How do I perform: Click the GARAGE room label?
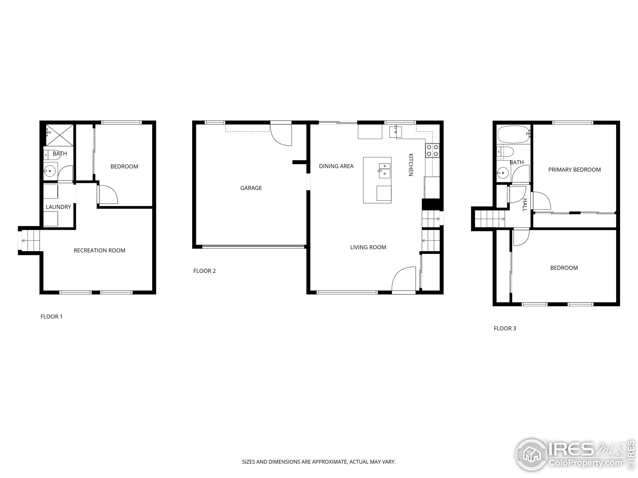[251, 188]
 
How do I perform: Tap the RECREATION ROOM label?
[99, 250]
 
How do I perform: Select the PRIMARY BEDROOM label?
[574, 170]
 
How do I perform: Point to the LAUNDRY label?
[58, 207]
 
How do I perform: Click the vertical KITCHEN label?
[411, 165]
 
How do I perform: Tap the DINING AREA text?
[336, 166]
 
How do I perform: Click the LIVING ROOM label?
[368, 247]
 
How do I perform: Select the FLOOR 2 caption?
[205, 271]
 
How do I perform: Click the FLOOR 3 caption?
[505, 328]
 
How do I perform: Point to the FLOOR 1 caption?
[51, 316]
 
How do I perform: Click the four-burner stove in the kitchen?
[432, 150]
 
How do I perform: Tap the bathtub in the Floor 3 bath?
[513, 134]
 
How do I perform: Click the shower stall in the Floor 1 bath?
[60, 135]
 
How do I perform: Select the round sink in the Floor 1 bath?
[50, 171]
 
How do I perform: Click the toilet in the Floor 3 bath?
[505, 152]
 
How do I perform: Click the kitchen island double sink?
[384, 170]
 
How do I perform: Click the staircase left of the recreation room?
[30, 240]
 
